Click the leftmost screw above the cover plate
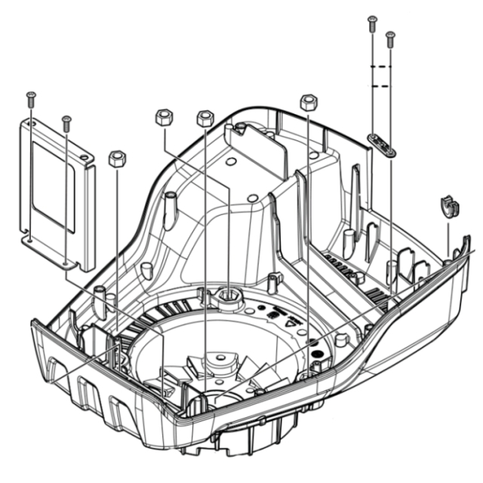click(30, 97)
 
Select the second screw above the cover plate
click(66, 120)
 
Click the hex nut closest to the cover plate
click(116, 158)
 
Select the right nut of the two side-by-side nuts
click(204, 118)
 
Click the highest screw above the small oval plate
click(371, 22)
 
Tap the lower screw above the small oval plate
click(390, 37)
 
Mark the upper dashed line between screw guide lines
click(381, 67)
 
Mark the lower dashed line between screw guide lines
click(381, 87)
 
